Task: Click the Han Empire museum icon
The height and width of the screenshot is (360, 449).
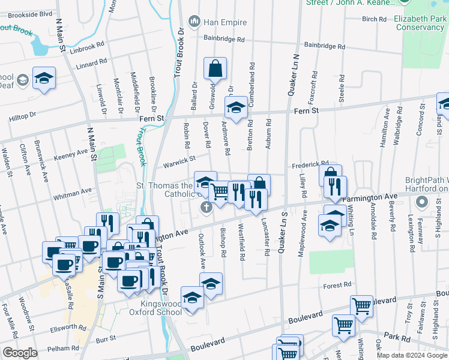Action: pos(194,22)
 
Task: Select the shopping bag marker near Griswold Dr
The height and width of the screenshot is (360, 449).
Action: pos(215,70)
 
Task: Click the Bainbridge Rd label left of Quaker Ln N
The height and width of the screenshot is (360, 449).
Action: pos(224,40)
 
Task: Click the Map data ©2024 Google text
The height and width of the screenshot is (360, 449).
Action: pos(412,355)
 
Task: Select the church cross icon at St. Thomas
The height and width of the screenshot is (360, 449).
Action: pos(205,208)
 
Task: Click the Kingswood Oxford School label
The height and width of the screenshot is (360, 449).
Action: pos(156,307)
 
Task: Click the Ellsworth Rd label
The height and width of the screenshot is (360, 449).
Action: pos(69,328)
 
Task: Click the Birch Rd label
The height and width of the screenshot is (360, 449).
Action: pos(374,19)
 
